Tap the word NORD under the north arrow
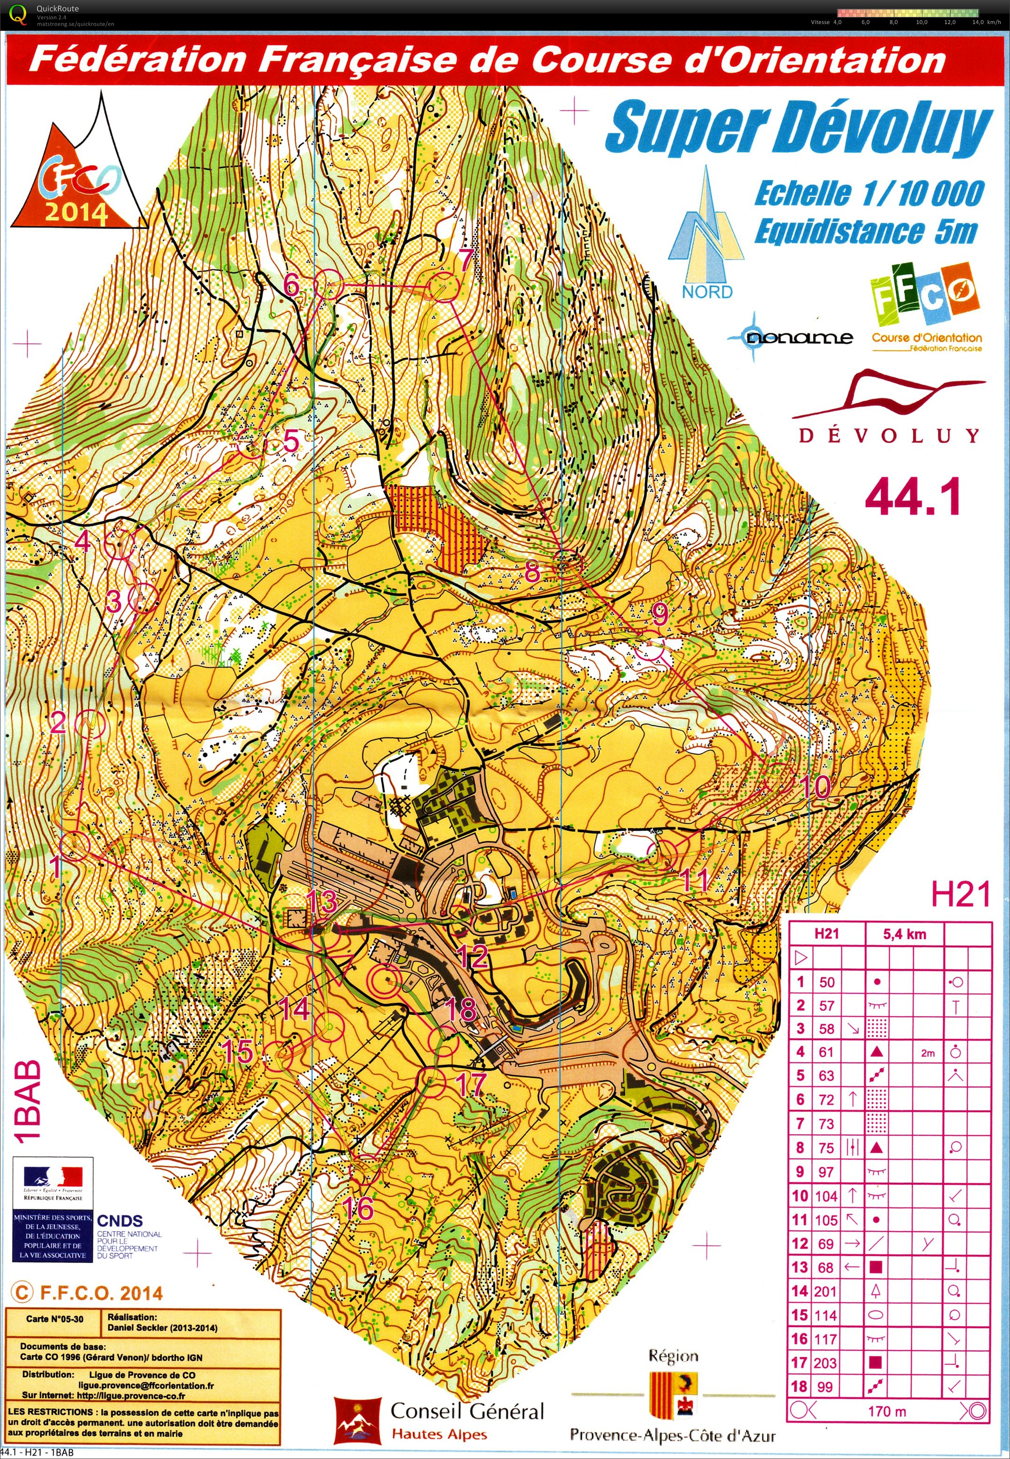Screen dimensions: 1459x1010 (x=707, y=292)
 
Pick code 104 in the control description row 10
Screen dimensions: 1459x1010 (x=826, y=1196)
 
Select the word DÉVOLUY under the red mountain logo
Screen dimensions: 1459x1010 (x=889, y=435)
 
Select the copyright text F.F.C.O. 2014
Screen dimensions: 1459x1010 (x=89, y=1293)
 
